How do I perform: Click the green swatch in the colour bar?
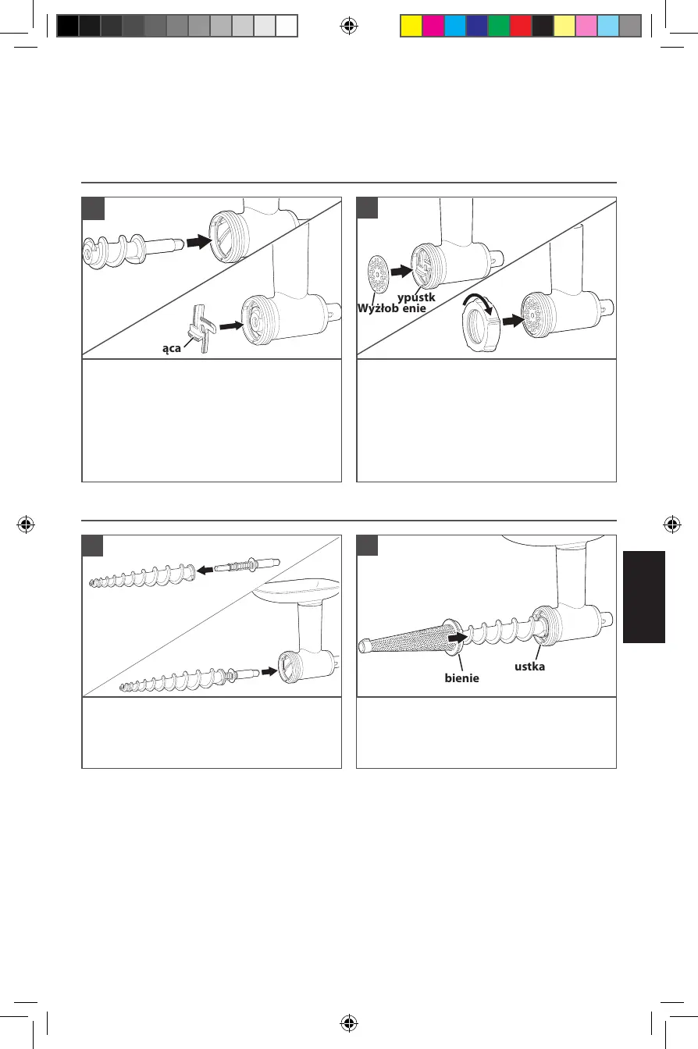[x=498, y=27]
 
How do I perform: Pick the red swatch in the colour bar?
[x=520, y=27]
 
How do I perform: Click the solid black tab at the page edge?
[x=644, y=596]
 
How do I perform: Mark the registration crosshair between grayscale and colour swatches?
[x=349, y=27]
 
